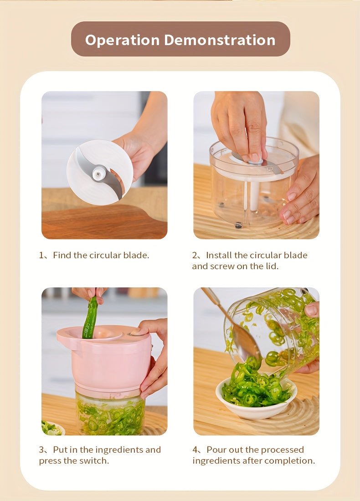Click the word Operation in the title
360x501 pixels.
122,41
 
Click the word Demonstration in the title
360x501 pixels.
220,40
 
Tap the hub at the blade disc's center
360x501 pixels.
99,174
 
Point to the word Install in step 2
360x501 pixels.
219,255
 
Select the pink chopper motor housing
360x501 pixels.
106,358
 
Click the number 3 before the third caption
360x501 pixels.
41,450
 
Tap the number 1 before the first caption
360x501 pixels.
41,255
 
